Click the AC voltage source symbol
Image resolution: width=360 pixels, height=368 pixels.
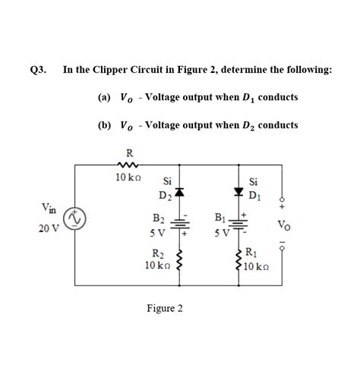pos(74,220)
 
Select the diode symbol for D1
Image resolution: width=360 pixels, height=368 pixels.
pos(241,192)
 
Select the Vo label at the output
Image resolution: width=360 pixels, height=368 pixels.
pos(283,225)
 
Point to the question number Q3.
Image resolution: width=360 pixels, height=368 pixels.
pos(38,71)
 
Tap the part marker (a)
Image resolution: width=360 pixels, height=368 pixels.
pos(104,97)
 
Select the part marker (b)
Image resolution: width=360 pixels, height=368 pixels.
pos(104,124)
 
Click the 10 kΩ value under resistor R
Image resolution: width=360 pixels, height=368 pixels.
pos(125,178)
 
